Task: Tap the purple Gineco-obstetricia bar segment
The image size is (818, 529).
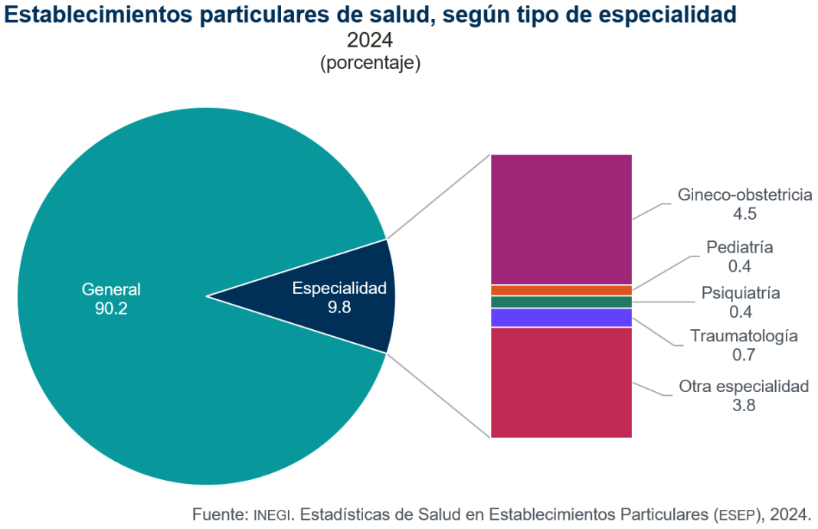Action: tap(561, 219)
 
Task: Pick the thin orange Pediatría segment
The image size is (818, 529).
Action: tap(561, 290)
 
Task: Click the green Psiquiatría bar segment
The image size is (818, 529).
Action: tap(561, 302)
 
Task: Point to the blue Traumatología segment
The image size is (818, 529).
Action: tap(561, 317)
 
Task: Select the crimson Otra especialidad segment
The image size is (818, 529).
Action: tap(561, 382)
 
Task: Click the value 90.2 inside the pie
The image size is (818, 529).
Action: tap(111, 309)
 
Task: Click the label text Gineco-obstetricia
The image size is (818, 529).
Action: tap(744, 194)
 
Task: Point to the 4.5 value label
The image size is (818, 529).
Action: tap(744, 214)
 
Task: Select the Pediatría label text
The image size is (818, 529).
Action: tap(739, 247)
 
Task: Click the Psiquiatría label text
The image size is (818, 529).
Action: tap(741, 292)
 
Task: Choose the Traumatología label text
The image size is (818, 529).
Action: tap(744, 335)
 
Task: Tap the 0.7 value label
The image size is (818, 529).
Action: tap(744, 354)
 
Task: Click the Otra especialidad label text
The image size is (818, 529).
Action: tap(744, 386)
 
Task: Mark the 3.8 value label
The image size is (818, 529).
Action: tap(744, 406)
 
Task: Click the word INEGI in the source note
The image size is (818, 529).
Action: tap(272, 513)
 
